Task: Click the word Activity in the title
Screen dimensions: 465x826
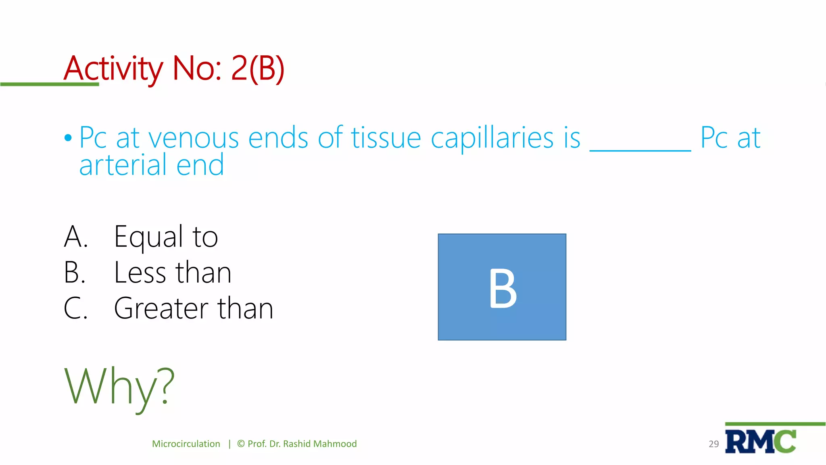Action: (x=113, y=69)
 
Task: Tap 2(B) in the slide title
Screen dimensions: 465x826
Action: (x=258, y=69)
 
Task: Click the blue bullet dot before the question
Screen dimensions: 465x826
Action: (x=68, y=138)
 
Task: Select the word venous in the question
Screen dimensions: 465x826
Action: (x=194, y=138)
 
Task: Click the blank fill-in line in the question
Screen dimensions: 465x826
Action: (x=640, y=149)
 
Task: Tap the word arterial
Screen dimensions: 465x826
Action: (x=123, y=165)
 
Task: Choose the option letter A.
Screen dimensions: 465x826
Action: (x=75, y=237)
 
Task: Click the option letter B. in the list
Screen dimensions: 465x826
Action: (x=75, y=272)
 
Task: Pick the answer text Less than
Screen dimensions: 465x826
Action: (x=173, y=272)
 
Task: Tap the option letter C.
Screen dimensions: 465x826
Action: (x=75, y=308)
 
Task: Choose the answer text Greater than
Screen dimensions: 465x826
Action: (x=194, y=308)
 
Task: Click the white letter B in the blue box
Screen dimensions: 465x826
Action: (x=503, y=288)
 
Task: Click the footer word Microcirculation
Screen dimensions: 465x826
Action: (x=186, y=444)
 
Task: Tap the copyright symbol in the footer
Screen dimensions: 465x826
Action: (x=241, y=444)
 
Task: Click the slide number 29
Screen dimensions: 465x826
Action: (x=713, y=444)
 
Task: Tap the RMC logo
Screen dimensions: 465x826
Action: (x=761, y=442)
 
